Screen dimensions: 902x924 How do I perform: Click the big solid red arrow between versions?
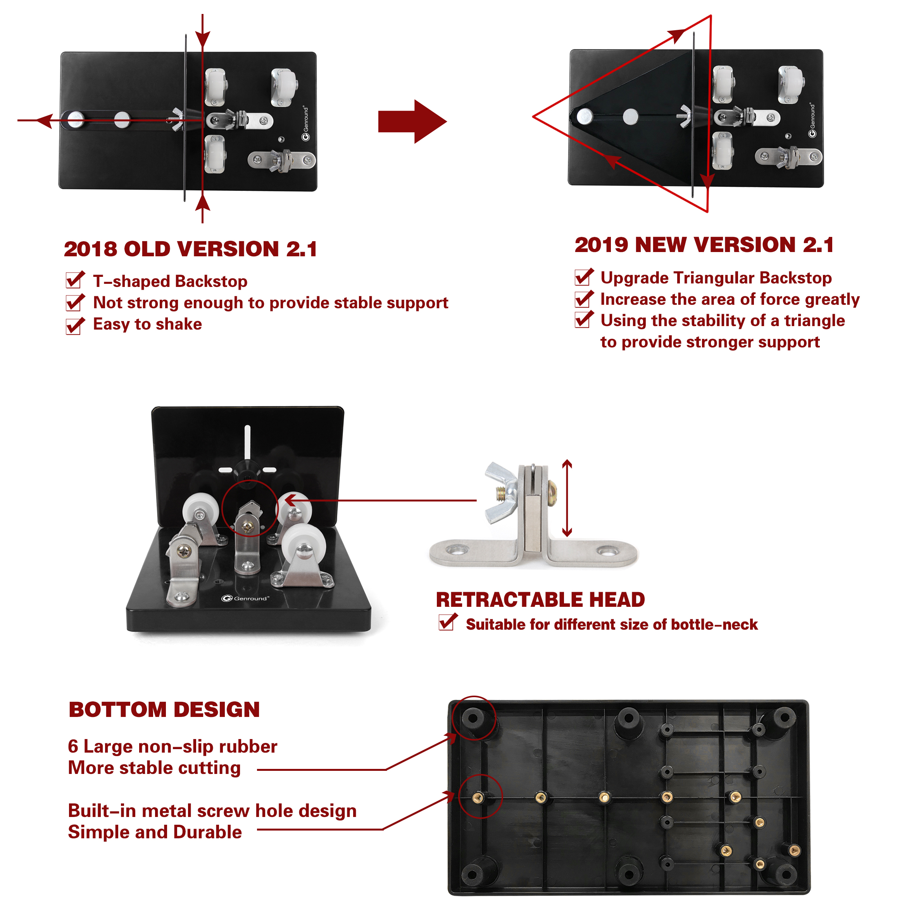(x=412, y=121)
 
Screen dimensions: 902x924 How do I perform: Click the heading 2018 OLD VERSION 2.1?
(x=190, y=249)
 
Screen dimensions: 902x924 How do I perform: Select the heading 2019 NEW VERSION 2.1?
(x=704, y=245)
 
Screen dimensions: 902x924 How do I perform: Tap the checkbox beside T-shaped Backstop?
(x=75, y=280)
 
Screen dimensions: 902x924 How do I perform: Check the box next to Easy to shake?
(x=75, y=326)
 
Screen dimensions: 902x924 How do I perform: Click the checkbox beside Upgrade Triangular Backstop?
(x=584, y=277)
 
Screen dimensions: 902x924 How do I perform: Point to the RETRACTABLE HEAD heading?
(x=540, y=599)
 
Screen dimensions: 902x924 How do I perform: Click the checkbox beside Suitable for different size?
(x=447, y=622)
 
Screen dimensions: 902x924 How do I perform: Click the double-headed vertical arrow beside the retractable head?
(x=567, y=498)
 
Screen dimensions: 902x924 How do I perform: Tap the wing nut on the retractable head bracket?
(x=501, y=493)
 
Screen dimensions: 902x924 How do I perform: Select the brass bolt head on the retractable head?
(x=552, y=493)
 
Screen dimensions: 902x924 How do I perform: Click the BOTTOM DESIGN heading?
(x=164, y=709)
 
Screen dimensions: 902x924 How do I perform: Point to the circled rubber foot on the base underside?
(x=473, y=718)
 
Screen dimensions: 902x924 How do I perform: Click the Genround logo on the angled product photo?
(x=245, y=598)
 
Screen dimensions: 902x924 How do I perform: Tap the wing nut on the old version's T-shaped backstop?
(x=177, y=119)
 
